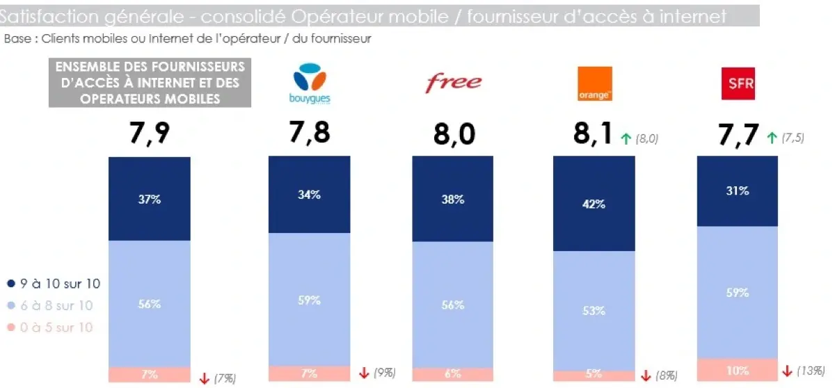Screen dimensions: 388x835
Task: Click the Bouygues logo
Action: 310,83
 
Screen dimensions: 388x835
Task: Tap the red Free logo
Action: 453,83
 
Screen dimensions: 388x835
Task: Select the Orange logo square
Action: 595,83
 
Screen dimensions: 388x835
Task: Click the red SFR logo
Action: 738,84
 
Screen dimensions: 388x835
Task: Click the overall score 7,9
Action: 150,134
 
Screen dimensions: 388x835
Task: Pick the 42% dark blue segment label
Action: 594,204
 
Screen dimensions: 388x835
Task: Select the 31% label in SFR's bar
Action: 737,191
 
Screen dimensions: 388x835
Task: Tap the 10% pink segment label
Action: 737,371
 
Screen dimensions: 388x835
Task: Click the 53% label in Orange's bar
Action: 594,311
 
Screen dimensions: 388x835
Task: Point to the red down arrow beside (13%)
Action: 788,371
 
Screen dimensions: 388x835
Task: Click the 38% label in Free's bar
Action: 453,200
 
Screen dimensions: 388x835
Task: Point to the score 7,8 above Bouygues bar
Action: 309,132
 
